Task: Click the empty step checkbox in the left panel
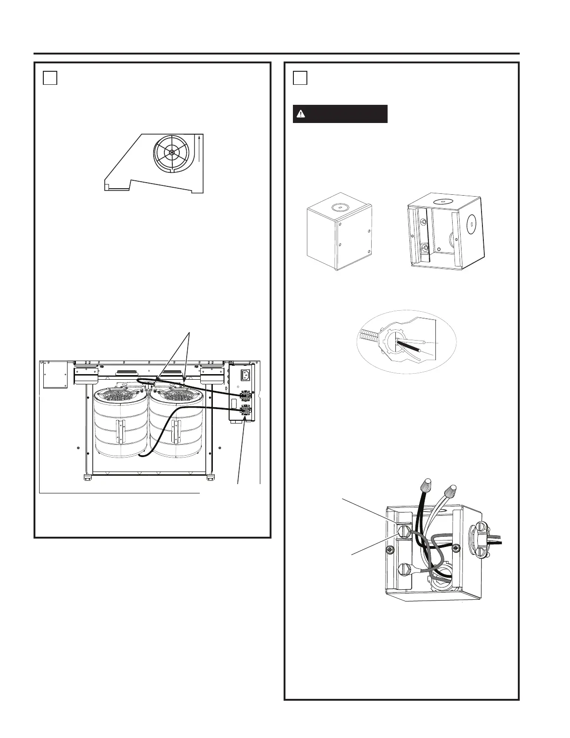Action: pyautogui.click(x=50, y=77)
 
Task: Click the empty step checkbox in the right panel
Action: pyautogui.click(x=300, y=77)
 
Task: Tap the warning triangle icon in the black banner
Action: pyautogui.click(x=301, y=114)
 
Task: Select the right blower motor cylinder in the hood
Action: pyautogui.click(x=176, y=424)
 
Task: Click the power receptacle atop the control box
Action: pyautogui.click(x=245, y=375)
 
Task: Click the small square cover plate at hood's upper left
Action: pyautogui.click(x=53, y=375)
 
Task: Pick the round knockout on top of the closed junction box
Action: pyautogui.click(x=339, y=208)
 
